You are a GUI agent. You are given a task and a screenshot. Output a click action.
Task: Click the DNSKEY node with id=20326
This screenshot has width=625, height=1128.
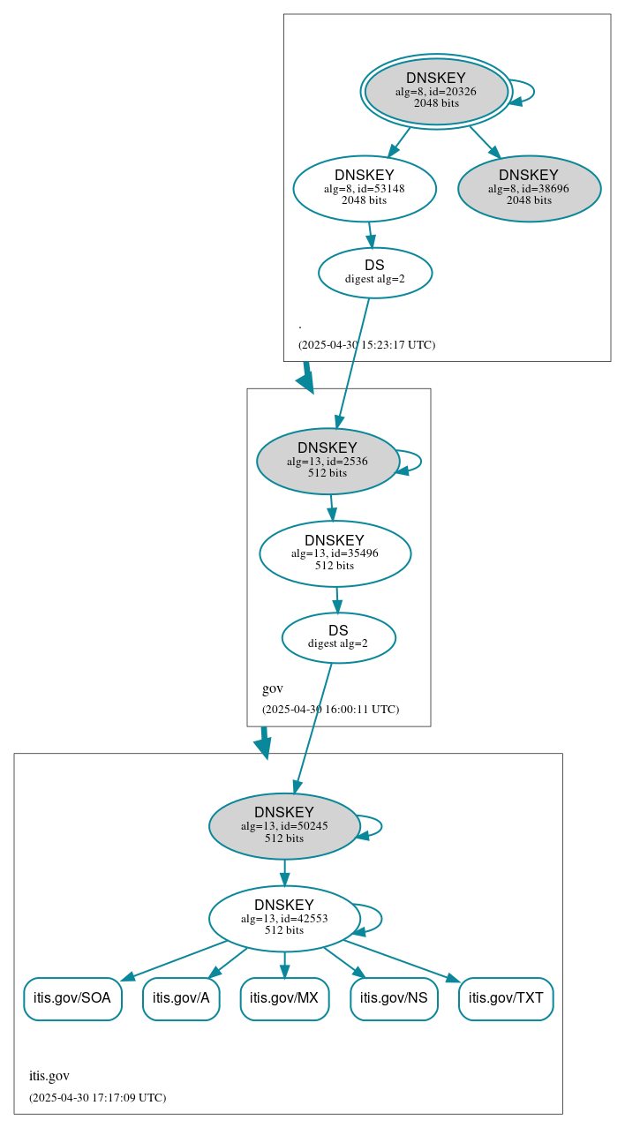[x=436, y=91]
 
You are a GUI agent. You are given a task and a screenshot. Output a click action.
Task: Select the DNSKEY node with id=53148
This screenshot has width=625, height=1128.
[x=365, y=188]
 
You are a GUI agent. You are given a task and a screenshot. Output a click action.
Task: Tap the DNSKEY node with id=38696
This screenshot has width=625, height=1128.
[x=529, y=188]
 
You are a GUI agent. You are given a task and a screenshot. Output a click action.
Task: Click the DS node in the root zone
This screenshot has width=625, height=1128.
[x=374, y=273]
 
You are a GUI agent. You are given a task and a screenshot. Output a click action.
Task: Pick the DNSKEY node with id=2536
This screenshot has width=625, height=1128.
[x=328, y=461]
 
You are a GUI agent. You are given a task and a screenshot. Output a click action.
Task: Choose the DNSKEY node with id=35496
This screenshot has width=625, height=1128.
[x=335, y=553]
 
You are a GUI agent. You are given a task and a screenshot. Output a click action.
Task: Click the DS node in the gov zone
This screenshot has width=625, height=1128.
[x=338, y=637]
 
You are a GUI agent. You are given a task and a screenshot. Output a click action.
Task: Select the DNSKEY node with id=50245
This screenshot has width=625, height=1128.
[x=284, y=825]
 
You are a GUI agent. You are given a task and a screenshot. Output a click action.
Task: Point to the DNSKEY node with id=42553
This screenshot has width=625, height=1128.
[x=284, y=918]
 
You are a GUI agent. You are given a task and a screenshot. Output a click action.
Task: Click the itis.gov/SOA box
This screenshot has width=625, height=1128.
[x=72, y=998]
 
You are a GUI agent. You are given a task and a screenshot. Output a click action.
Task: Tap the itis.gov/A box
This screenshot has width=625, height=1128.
[x=181, y=998]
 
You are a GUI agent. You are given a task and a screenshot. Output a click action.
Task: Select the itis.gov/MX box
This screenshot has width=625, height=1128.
[x=284, y=998]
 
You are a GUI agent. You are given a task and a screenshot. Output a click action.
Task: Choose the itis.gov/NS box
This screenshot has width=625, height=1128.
[x=394, y=998]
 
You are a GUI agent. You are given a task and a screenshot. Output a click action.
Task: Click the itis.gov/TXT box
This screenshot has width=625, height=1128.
[x=506, y=998]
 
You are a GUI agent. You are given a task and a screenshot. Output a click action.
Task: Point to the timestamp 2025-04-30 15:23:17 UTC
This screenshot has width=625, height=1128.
[x=366, y=345]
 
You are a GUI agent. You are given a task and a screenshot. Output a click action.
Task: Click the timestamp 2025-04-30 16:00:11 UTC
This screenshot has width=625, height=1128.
[x=330, y=710]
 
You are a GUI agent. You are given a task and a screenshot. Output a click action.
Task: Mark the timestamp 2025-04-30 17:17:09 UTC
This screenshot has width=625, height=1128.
[x=97, y=1098]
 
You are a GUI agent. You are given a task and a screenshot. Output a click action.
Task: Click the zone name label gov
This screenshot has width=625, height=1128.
[x=273, y=688]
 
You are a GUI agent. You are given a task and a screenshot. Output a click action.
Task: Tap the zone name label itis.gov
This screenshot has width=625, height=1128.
[x=49, y=1076]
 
